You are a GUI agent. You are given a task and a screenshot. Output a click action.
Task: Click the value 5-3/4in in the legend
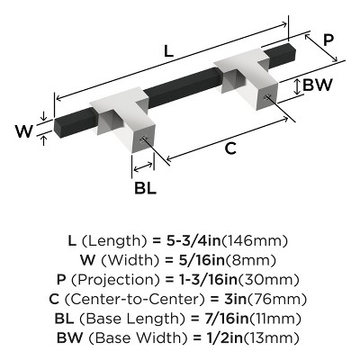190,241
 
